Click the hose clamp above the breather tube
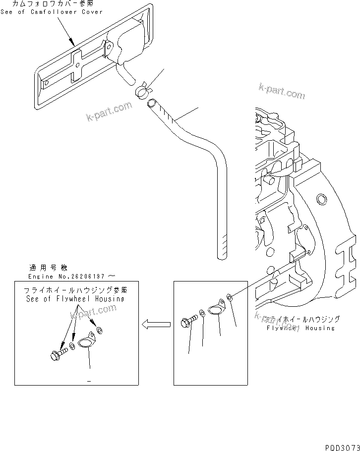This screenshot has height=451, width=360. click(140, 90)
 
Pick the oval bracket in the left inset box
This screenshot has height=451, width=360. click(87, 341)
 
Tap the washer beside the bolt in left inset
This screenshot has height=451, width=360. click(72, 346)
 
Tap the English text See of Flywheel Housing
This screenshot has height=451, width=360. click(75, 299)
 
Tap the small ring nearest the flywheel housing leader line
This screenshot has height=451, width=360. click(230, 297)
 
